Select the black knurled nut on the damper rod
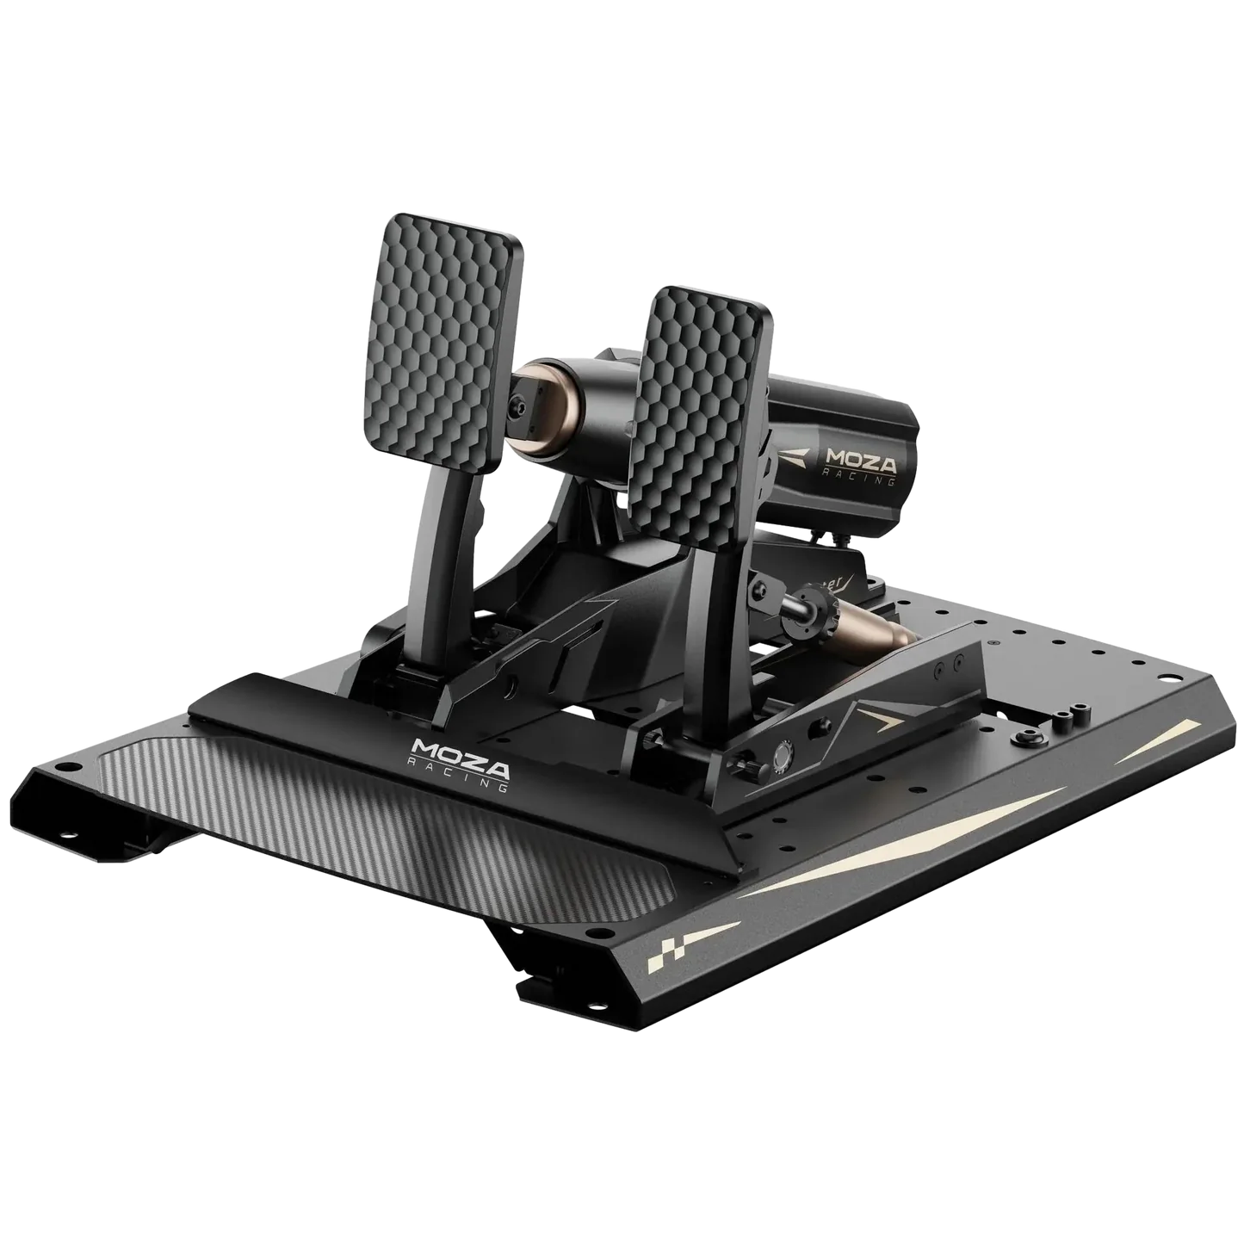pos(813,595)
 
